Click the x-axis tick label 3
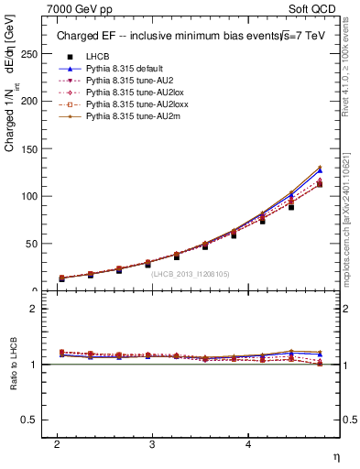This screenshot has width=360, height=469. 152,443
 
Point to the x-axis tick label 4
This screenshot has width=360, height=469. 247,443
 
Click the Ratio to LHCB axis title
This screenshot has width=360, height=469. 13,364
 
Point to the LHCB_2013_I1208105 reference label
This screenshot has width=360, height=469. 190,273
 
